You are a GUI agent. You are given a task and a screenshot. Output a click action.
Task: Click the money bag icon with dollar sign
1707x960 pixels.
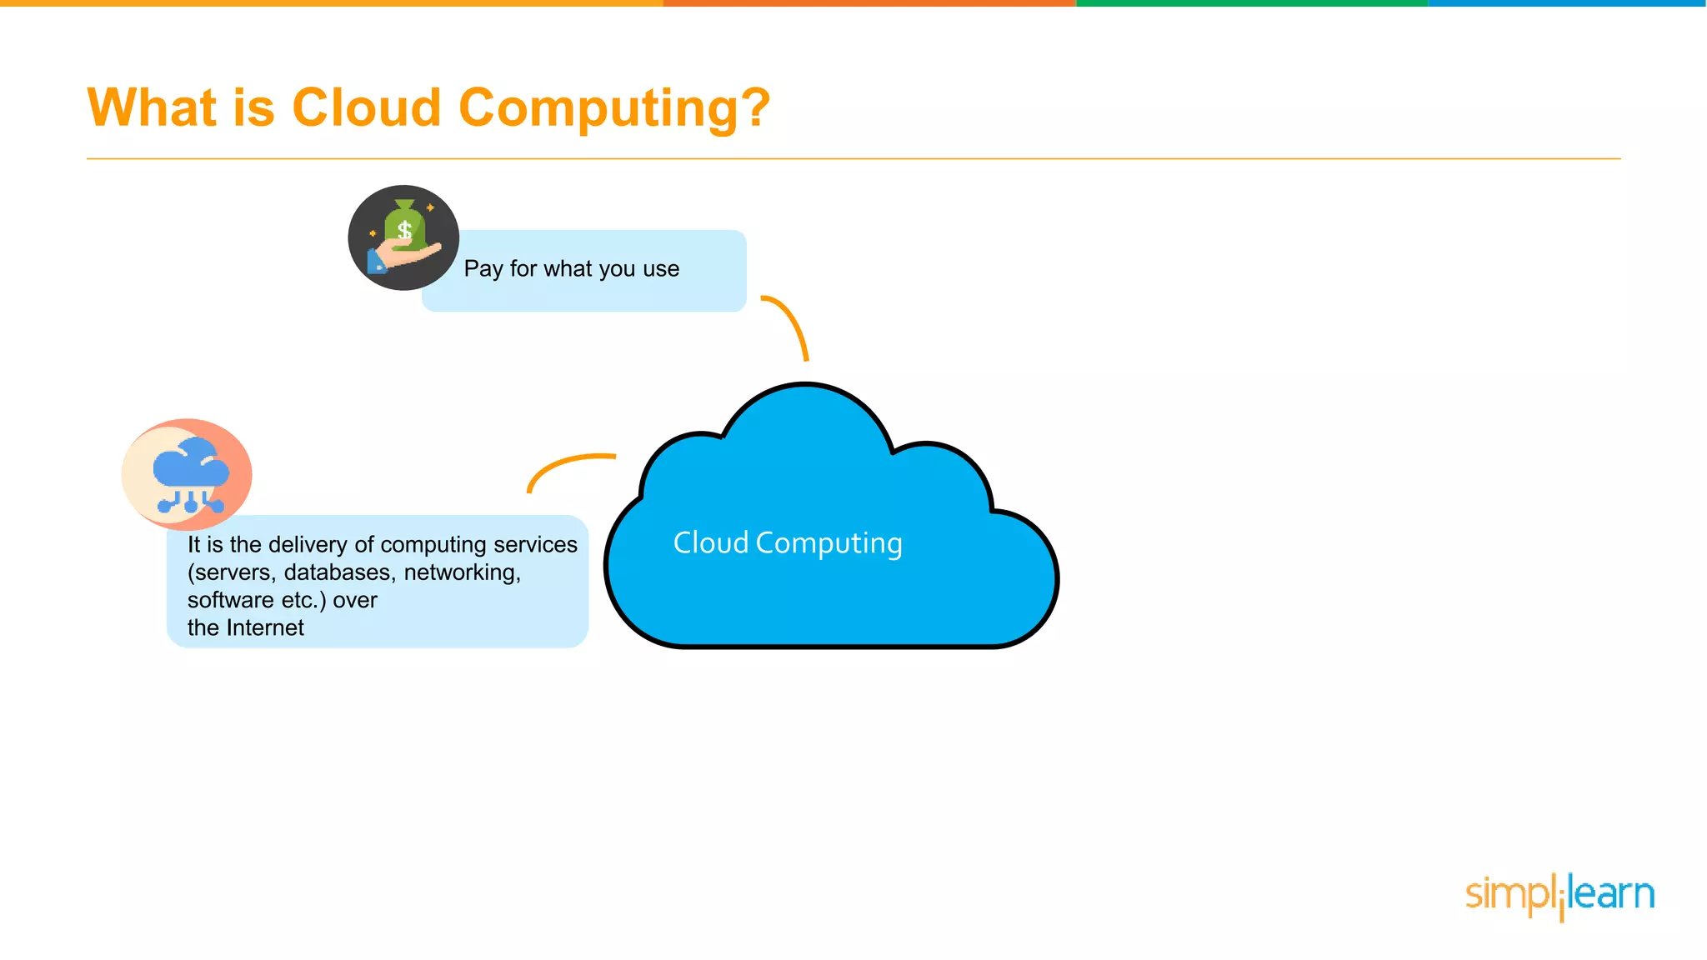click(x=405, y=227)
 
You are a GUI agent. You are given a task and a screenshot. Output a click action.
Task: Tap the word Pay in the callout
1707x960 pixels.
click(x=483, y=269)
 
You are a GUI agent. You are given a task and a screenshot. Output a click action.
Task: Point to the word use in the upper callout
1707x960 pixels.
click(x=661, y=269)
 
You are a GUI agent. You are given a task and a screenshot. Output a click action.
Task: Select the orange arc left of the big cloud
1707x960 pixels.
click(x=567, y=467)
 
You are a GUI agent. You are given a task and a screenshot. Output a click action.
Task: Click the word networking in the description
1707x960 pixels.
click(x=462, y=572)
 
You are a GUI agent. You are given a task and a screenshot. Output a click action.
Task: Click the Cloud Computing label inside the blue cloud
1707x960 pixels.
click(x=788, y=543)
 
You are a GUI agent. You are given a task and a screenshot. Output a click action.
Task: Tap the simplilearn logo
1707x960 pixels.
click(x=1559, y=895)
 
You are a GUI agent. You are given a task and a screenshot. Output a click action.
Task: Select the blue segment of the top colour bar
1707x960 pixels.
click(x=1567, y=3)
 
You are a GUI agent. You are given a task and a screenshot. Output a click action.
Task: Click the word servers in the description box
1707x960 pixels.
click(x=233, y=572)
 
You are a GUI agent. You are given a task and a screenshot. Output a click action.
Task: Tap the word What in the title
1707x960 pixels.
click(x=153, y=107)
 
